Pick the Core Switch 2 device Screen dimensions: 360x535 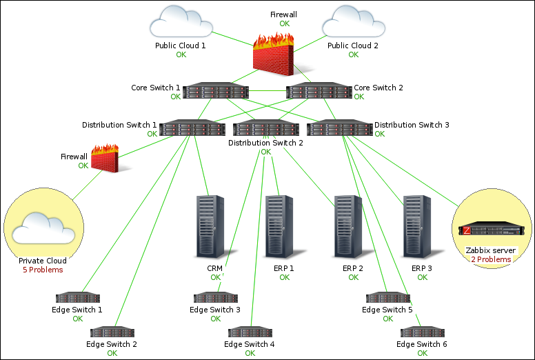[319, 91]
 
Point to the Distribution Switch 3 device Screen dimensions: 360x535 [339, 128]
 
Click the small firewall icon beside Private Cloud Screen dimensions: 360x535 [105, 159]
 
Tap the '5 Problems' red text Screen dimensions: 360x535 [43, 270]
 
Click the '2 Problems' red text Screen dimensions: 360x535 [491, 259]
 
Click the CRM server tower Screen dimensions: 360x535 [210, 226]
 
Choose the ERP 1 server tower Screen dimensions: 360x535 [279, 226]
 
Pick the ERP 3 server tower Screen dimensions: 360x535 [417, 226]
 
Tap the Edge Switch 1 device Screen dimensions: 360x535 [77, 298]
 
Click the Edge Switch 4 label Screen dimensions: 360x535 [250, 344]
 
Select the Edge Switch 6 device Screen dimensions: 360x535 [422, 332]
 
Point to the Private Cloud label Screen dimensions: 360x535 [43, 261]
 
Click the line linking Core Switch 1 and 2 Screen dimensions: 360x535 [267, 91]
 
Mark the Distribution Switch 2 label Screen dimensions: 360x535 [265, 143]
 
